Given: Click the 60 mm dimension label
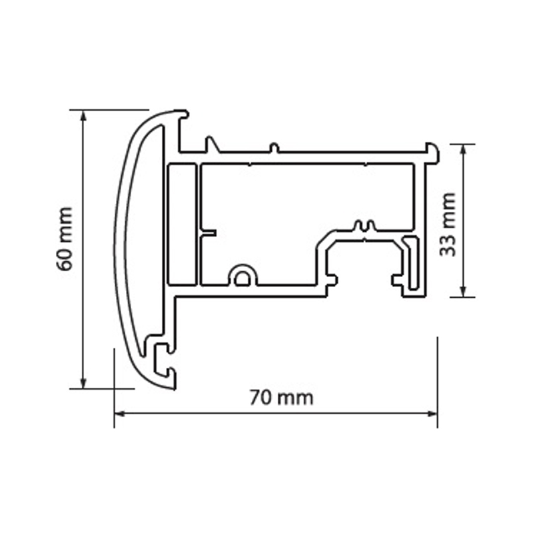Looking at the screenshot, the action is click(65, 239).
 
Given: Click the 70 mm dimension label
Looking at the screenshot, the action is click(281, 398).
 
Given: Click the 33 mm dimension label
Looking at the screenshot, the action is click(447, 225).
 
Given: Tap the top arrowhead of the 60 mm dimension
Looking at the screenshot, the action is click(83, 116).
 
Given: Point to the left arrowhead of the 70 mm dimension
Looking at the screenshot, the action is click(120, 414).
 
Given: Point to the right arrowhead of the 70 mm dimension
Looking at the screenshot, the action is click(432, 414).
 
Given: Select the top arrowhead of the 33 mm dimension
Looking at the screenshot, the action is click(462, 150).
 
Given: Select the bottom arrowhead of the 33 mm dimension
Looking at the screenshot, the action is click(462, 291).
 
